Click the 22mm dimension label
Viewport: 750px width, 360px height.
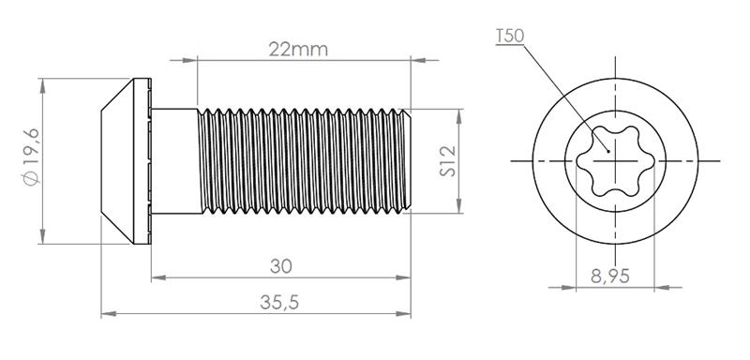click(x=298, y=50)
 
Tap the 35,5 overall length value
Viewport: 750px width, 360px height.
click(x=279, y=302)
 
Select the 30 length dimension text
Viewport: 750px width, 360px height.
click(x=280, y=266)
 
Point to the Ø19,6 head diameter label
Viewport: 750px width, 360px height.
click(x=33, y=157)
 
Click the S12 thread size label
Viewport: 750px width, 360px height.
click(x=448, y=161)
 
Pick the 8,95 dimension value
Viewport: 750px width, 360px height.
click(x=610, y=277)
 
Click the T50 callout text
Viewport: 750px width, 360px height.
click(x=510, y=36)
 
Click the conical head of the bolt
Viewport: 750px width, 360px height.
click(x=118, y=161)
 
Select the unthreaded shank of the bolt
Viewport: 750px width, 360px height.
click(x=175, y=161)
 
